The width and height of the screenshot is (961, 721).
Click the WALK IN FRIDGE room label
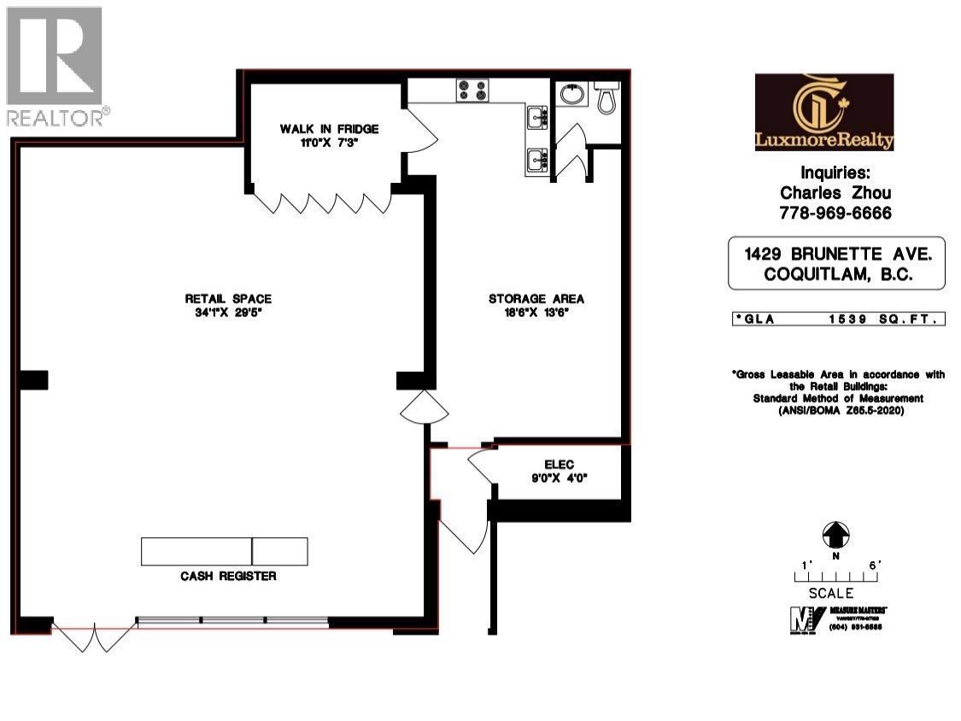[329, 129]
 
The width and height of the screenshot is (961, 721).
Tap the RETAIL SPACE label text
[228, 298]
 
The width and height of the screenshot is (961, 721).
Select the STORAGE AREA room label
[536, 298]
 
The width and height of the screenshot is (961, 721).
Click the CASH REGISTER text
[228, 576]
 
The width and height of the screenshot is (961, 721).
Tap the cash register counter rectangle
[224, 551]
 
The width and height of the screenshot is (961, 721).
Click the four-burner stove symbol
[472, 90]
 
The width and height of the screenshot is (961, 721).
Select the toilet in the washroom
[607, 97]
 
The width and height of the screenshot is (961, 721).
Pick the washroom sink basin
[571, 94]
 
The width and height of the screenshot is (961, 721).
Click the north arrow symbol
[835, 536]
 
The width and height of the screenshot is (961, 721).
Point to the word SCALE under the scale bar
[831, 592]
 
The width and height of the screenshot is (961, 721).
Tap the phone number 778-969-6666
[836, 213]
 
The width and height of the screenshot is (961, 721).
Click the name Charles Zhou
[836, 193]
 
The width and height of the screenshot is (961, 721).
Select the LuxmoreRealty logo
[823, 112]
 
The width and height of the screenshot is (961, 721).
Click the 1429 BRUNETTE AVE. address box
[836, 263]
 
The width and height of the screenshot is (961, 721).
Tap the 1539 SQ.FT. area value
[883, 319]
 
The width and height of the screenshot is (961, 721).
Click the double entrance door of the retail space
[94, 636]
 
